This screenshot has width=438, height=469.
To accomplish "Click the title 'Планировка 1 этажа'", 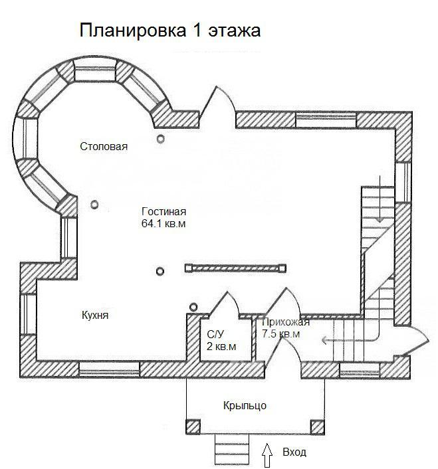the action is [x=170, y=31].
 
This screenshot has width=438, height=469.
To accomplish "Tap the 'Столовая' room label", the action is [x=104, y=147].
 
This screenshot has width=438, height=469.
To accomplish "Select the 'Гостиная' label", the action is [x=164, y=211].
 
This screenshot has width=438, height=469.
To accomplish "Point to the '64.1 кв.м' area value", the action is [x=164, y=224].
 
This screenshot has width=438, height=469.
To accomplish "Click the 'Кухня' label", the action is [x=95, y=316].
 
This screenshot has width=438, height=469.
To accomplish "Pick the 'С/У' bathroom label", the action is [x=215, y=334].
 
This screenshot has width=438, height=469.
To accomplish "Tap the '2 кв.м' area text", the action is [x=221, y=346].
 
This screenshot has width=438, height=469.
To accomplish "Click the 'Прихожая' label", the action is [x=286, y=322].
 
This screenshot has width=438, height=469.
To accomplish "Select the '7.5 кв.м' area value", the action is [x=281, y=333].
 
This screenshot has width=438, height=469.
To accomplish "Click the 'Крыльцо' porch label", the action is [x=245, y=406].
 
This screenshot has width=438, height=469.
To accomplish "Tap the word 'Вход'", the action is [x=294, y=452].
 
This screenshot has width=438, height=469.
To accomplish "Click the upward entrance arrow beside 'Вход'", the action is [x=267, y=455].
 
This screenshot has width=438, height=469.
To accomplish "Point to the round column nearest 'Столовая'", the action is [x=161, y=139].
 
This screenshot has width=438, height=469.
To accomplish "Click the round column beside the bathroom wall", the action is [x=193, y=307].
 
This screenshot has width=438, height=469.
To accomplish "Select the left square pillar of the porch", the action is [x=193, y=427].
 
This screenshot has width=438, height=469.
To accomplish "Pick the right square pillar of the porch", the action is [x=318, y=427].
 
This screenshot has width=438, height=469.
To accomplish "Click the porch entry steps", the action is [x=232, y=451].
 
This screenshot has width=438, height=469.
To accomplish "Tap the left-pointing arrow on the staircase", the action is [x=350, y=340].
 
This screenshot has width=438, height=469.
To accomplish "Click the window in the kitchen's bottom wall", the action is [x=110, y=370].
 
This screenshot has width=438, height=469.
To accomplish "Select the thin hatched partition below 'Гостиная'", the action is [x=235, y=268].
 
